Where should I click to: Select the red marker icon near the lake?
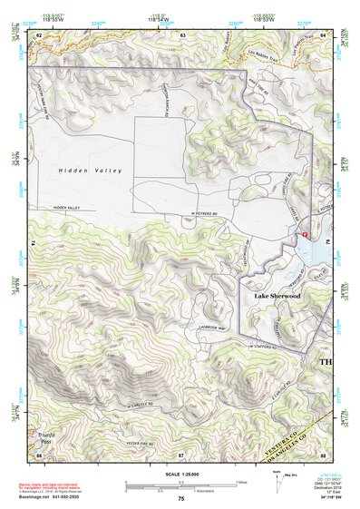point(305,233)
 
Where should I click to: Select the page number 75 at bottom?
point(181,499)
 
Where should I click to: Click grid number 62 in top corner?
point(39,34)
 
